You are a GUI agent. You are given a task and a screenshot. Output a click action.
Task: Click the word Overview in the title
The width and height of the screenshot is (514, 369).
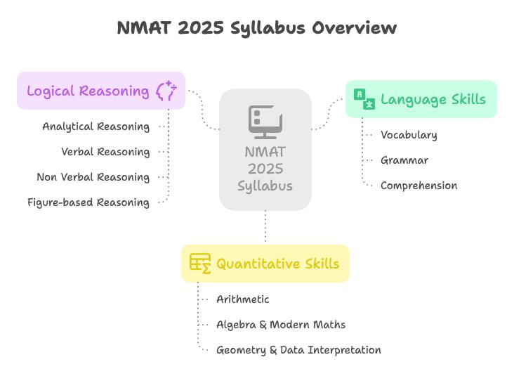[354, 27]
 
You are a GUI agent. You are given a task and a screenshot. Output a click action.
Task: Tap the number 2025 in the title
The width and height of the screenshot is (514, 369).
[201, 27]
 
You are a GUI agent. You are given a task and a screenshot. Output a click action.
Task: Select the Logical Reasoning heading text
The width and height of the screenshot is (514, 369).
[88, 91]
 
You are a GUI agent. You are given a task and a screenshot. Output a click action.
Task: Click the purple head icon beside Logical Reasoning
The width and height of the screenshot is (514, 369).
[166, 90]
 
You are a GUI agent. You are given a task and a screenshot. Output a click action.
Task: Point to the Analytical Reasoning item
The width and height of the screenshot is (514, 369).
[96, 127]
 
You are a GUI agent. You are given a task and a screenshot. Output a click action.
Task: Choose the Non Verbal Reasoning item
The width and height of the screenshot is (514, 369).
[93, 177]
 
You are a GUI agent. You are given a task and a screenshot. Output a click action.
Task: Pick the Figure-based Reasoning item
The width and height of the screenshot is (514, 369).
[88, 202]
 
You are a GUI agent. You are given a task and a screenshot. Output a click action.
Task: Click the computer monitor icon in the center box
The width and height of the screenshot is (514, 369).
[265, 122]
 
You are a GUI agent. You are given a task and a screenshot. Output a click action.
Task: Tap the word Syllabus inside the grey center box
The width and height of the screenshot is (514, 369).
[265, 186]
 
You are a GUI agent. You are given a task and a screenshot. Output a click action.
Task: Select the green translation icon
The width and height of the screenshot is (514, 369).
[364, 99]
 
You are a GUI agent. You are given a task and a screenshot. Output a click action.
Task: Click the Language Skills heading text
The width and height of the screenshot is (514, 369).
[433, 100]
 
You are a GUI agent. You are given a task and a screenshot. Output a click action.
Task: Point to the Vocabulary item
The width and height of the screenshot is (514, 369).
[409, 135]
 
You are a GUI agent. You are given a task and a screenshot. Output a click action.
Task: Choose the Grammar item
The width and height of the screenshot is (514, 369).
[404, 160]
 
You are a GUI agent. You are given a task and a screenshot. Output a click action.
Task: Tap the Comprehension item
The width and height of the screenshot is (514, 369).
[419, 186]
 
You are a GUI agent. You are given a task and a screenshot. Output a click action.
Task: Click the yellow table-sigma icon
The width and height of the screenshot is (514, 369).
[200, 264]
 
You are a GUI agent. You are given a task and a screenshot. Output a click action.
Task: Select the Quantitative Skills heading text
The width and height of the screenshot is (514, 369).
[278, 264]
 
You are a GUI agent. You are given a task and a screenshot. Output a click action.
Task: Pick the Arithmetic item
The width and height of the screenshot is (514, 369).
[242, 299]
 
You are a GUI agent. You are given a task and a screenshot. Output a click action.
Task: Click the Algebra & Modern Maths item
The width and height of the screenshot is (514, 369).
[281, 325]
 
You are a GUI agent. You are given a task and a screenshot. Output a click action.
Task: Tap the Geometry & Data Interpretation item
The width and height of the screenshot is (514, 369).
[298, 350]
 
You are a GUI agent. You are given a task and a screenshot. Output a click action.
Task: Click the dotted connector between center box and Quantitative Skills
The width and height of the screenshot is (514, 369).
[265, 227]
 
